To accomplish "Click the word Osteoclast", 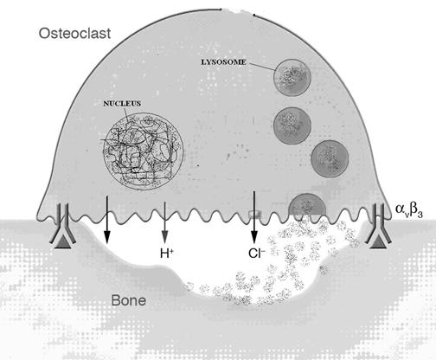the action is tap(74, 34).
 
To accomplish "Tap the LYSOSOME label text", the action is tap(223, 62).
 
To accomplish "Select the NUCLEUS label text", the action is tap(122, 103).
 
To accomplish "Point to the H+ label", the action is tap(167, 254).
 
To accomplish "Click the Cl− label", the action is tap(257, 254).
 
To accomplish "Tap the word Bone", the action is tap(129, 300).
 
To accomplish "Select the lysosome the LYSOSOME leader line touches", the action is tap(292, 78).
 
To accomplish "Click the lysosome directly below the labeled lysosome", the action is tap(292, 125).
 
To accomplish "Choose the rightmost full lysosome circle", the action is tap(330, 158).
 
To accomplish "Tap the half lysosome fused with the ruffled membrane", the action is tap(307, 205).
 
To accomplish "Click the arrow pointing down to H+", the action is tap(164, 222).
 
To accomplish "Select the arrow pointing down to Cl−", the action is tap(254, 217).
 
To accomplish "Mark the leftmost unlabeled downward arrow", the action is tap(107, 220).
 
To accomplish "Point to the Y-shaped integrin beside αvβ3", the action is tap(378, 223).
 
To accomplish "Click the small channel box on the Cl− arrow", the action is tap(254, 214).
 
